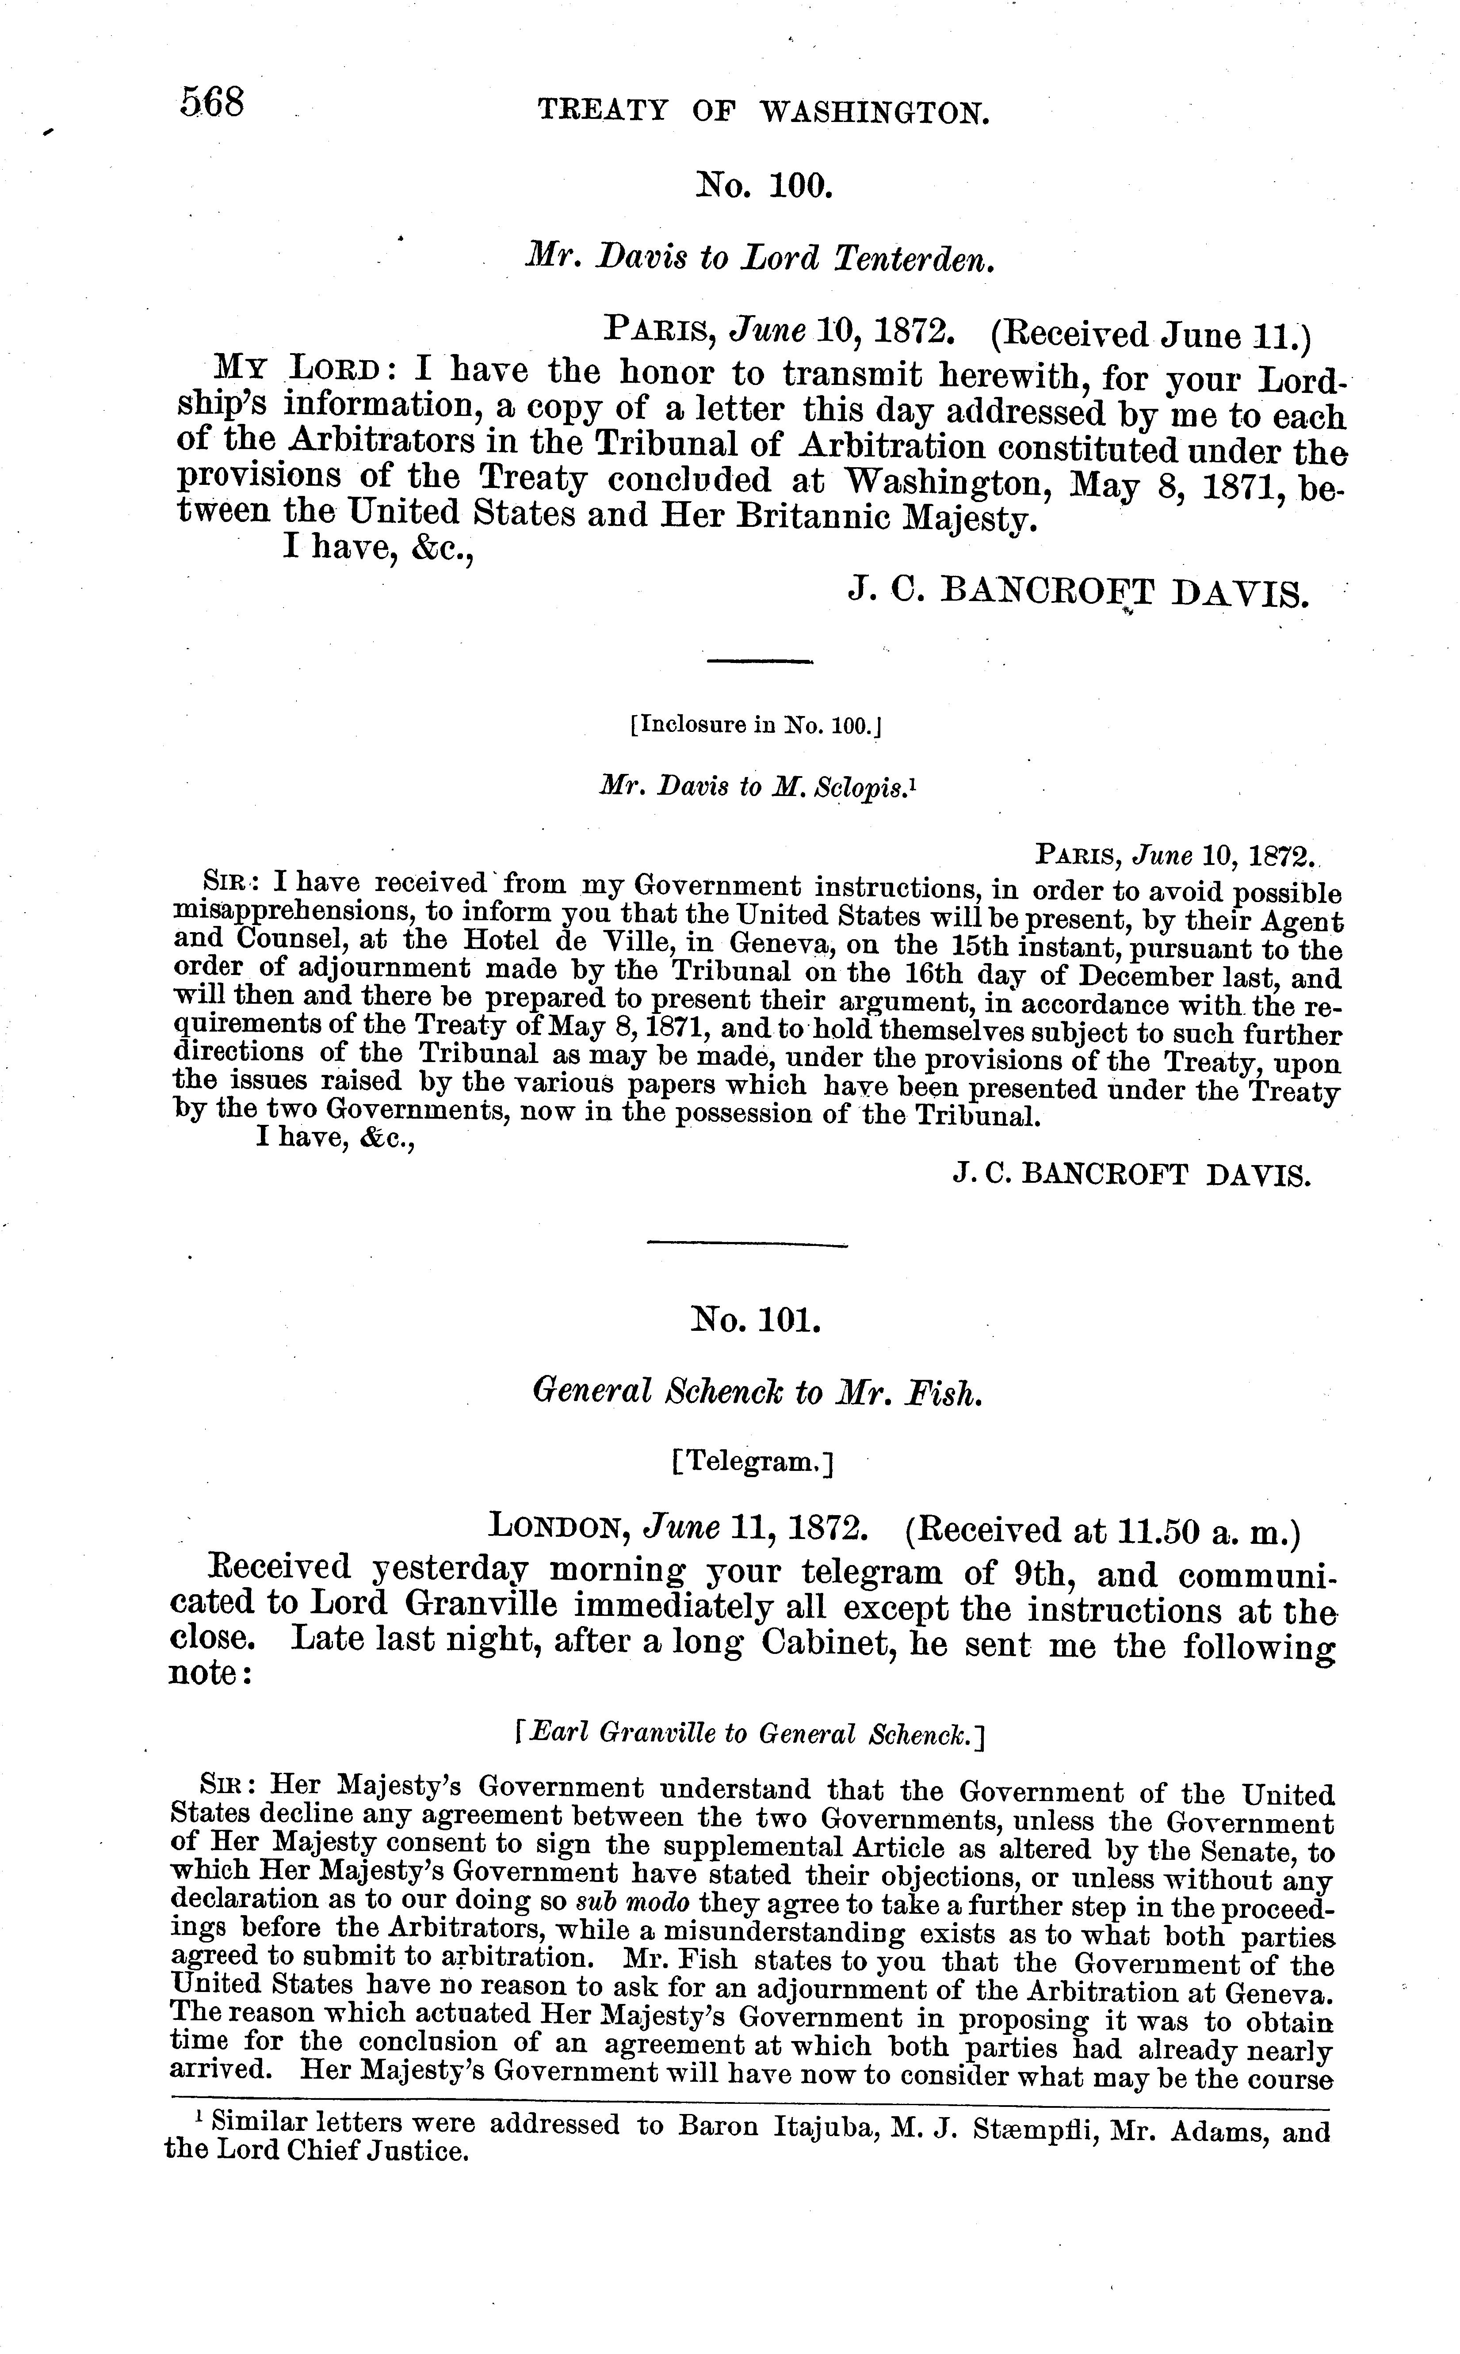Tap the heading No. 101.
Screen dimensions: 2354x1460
click(x=756, y=1318)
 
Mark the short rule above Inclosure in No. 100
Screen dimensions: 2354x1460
click(x=760, y=662)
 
